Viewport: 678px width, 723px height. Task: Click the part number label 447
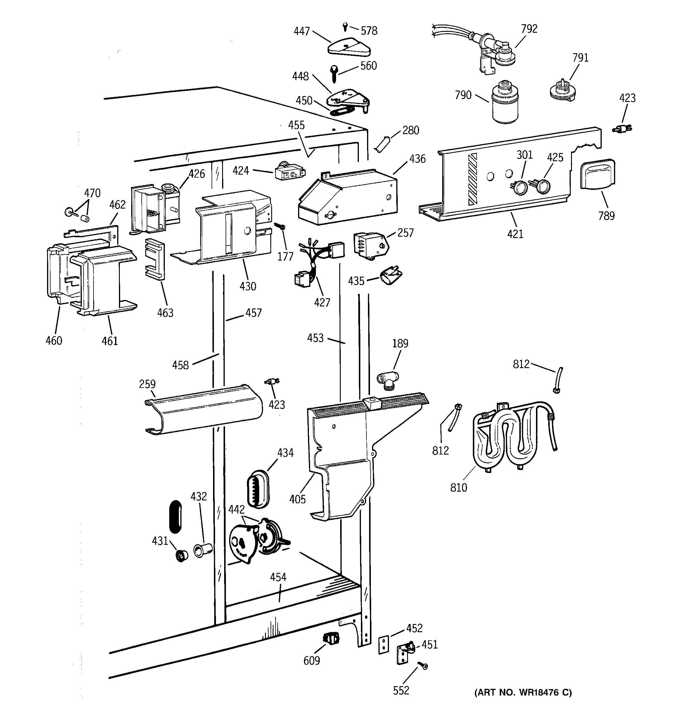(x=301, y=31)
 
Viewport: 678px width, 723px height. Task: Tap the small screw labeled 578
(x=345, y=27)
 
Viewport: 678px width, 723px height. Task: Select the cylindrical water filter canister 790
(x=504, y=104)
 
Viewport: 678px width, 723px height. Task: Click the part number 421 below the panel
(x=515, y=234)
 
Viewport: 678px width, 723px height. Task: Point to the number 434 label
(x=285, y=453)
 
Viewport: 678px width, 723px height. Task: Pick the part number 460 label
(x=54, y=341)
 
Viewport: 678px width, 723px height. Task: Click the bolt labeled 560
(x=334, y=73)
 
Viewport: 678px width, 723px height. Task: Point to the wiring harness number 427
(x=322, y=302)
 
